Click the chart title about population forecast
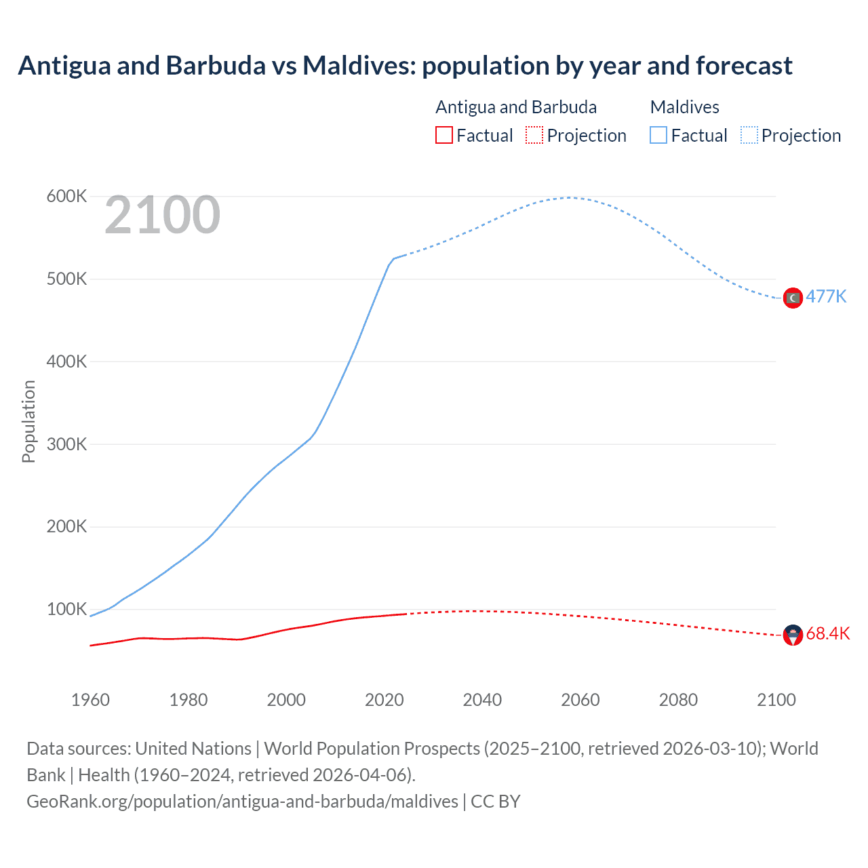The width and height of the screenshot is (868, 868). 405,66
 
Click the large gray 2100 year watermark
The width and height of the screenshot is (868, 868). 162,215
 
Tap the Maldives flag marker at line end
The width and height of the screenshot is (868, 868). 793,298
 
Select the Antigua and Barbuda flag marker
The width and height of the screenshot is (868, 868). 793,635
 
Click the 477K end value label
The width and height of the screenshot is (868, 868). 826,297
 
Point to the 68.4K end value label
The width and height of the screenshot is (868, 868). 828,633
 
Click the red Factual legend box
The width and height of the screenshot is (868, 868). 444,136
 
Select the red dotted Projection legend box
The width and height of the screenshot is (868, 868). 534,136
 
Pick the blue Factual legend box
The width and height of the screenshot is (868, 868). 658,136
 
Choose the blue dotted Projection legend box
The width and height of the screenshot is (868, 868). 749,136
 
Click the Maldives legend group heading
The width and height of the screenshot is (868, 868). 684,107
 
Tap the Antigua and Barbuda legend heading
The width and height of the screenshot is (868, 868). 516,107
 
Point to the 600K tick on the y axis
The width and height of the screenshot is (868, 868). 66,197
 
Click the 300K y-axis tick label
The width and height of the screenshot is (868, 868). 66,444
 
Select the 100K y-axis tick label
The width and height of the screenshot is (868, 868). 66,609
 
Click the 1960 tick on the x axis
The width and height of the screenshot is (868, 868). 90,700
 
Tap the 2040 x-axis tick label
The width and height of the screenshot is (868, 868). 482,700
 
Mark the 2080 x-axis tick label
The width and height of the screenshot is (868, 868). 678,700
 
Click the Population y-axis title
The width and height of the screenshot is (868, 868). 28,421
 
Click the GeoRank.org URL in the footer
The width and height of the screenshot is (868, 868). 242,802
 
